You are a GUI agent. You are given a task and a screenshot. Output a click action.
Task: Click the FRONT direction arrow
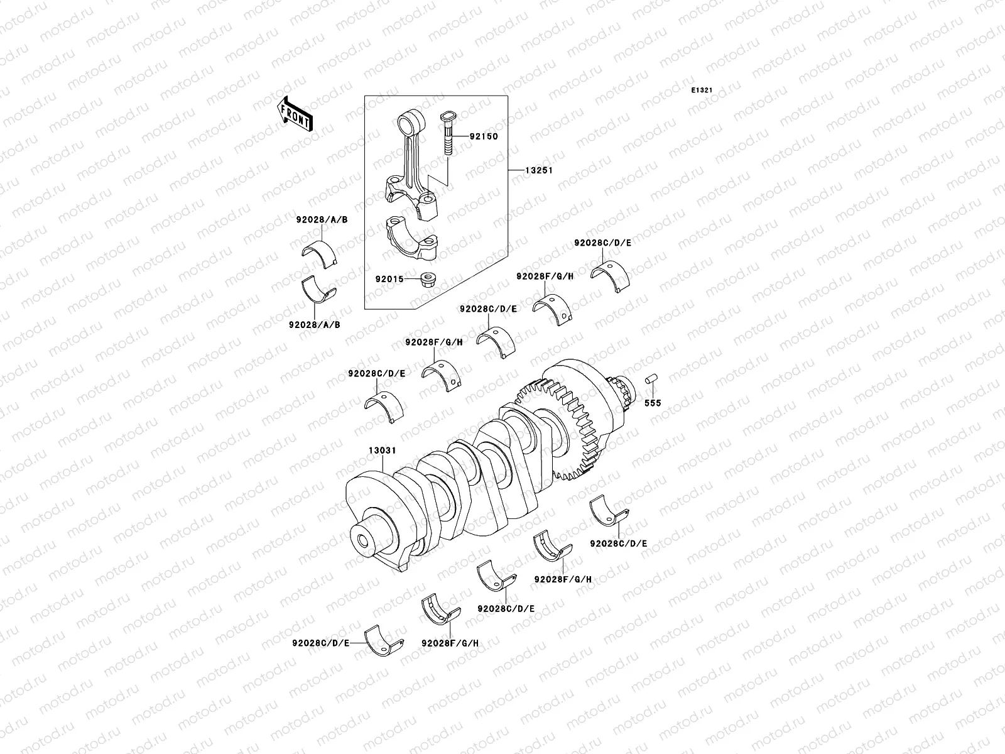coord(296,113)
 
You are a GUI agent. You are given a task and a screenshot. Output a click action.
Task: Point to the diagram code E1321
coord(702,90)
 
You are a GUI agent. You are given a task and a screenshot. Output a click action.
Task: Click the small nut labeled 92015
coord(430,278)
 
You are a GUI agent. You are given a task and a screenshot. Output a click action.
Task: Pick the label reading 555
coord(653,403)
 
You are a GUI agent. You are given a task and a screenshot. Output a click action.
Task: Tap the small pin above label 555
coord(651,381)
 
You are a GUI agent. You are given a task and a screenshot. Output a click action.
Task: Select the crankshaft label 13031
coord(382,451)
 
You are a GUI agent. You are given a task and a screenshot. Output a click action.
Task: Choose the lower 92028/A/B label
coord(314,325)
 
